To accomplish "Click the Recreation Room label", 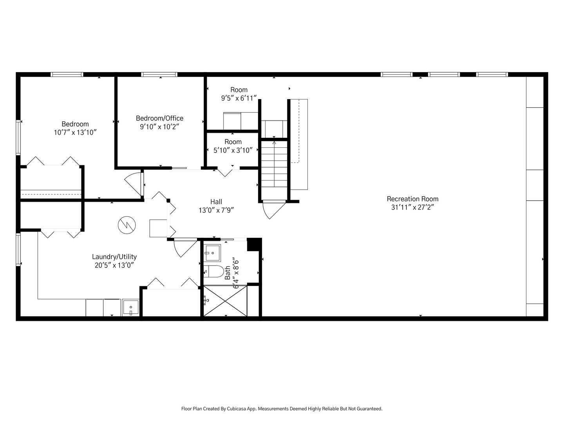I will tap(412, 199).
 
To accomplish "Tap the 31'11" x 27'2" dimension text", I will tap(412, 207).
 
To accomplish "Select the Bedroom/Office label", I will tap(159, 118).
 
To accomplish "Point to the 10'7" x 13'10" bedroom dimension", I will tap(75, 132).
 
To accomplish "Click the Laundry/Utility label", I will tap(114, 257).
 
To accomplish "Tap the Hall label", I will tap(216, 202).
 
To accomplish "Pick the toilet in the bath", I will tap(214, 271).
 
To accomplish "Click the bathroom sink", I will tap(213, 253).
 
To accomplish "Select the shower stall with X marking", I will tap(225, 301).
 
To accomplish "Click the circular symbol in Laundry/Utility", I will tap(127, 225).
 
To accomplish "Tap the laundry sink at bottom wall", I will tap(130, 307).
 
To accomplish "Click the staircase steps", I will tap(274, 164).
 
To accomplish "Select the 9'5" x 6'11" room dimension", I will tap(239, 98).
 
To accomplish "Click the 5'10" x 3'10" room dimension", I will tap(233, 150).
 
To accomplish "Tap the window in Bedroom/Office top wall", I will tap(159, 74).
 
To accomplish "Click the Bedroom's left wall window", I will tap(18, 137).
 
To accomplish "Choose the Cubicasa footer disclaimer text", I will tap(282, 409).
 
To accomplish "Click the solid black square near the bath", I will tap(254, 244).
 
